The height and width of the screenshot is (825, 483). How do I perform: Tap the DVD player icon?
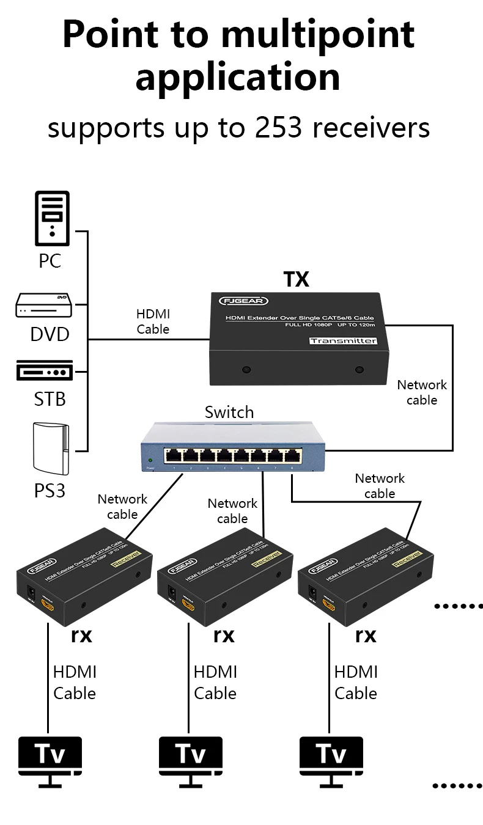(43, 306)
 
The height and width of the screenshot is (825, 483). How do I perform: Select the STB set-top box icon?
(44, 370)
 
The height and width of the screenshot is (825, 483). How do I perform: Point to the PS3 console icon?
(51, 449)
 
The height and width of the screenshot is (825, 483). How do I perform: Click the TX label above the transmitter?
(297, 279)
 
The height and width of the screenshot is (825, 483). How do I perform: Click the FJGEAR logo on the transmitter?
(235, 301)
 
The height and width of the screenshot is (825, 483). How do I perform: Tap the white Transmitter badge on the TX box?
(342, 340)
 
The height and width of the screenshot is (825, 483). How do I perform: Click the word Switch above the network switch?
(229, 413)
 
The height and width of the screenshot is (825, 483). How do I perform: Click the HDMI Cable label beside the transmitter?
(153, 321)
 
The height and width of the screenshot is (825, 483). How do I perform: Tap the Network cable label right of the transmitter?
(421, 392)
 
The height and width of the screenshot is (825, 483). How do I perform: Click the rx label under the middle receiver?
(224, 636)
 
